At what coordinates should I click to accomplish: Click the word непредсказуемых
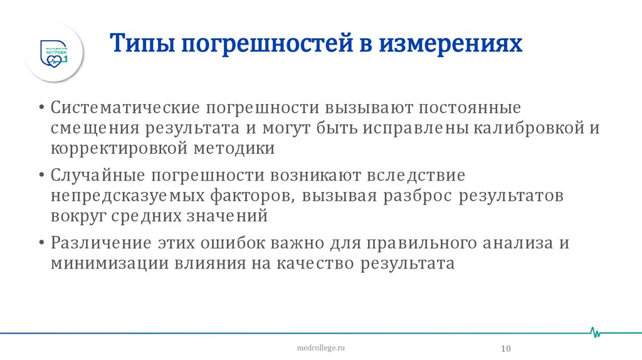(x=128, y=196)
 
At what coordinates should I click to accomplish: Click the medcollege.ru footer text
(x=320, y=346)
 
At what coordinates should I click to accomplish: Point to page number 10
(x=507, y=349)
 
